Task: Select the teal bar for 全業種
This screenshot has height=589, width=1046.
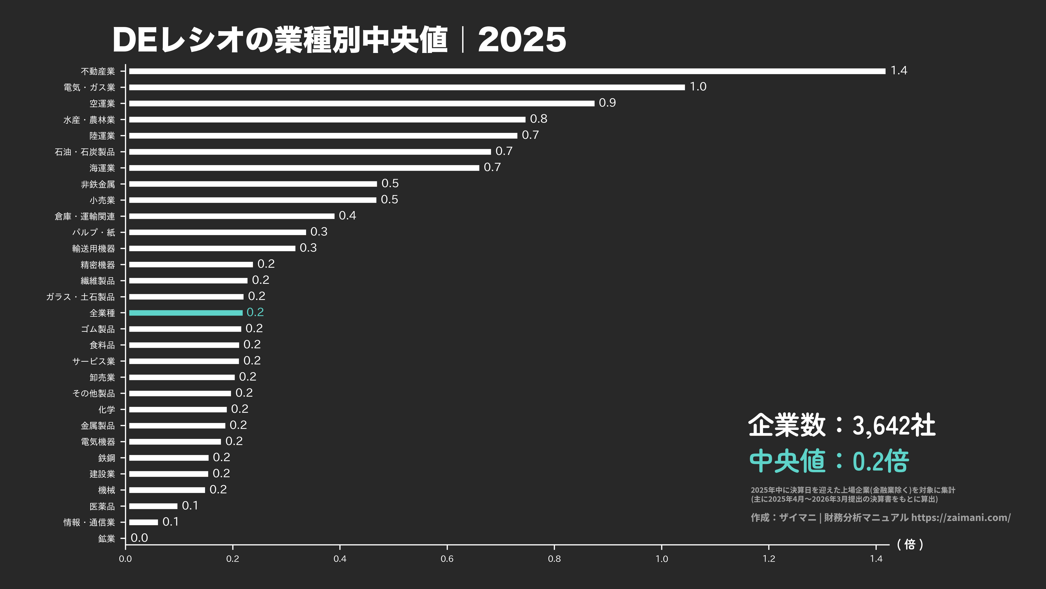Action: point(186,313)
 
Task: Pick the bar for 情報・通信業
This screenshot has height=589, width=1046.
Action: point(143,522)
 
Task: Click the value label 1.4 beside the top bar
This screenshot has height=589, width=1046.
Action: point(899,71)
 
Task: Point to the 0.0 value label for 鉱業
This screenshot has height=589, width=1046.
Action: point(139,538)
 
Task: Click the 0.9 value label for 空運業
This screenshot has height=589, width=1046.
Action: point(607,103)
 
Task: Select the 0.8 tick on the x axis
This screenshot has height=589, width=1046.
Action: point(554,558)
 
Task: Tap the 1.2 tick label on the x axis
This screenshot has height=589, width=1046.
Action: point(769,558)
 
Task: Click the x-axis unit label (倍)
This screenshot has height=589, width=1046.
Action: point(910,544)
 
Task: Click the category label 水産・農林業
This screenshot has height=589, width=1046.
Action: point(89,120)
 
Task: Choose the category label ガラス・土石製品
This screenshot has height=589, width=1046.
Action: point(80,297)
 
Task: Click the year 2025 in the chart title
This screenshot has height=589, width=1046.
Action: point(522,40)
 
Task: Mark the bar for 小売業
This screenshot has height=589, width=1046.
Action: point(253,200)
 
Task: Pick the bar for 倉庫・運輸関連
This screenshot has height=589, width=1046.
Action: point(231,216)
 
